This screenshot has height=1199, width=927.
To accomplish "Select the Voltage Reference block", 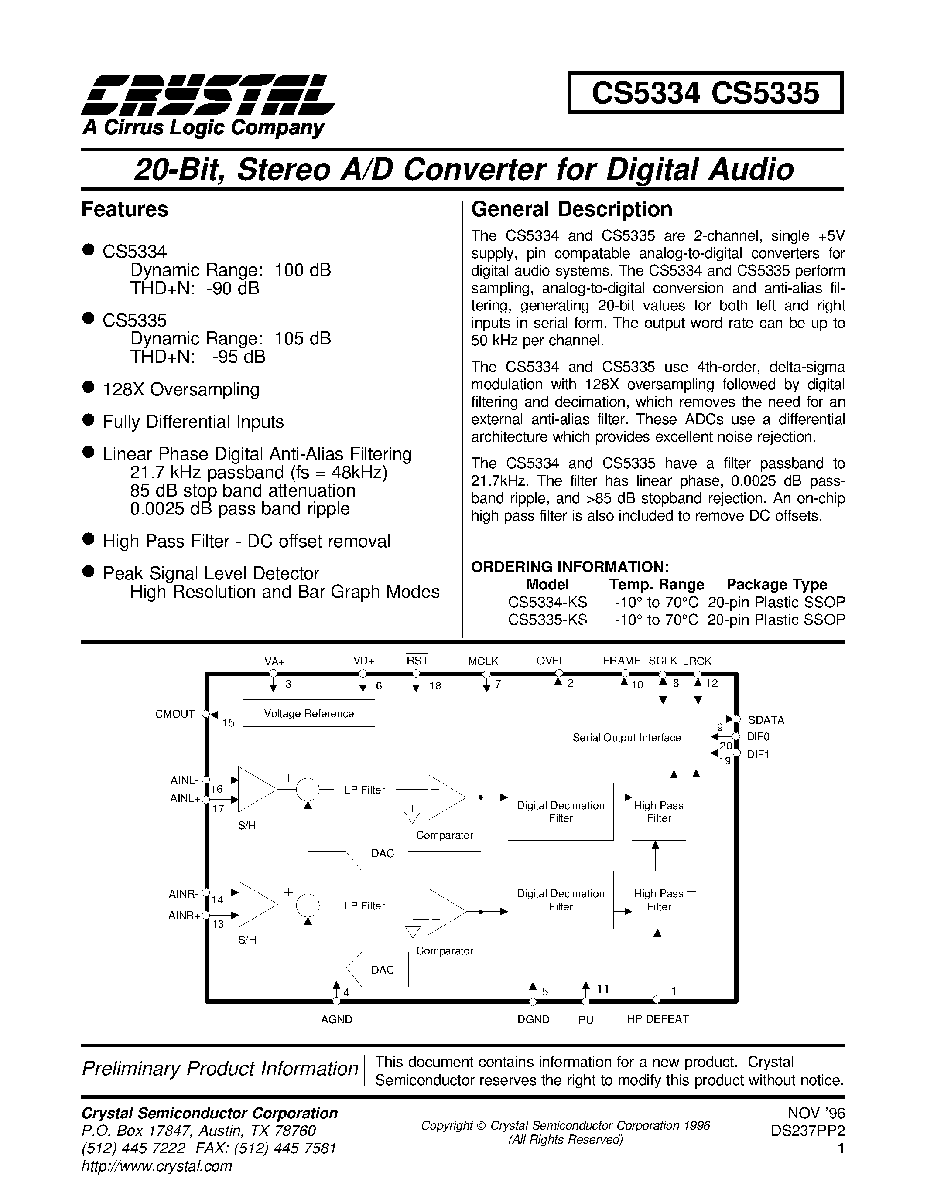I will pyautogui.click(x=308, y=713).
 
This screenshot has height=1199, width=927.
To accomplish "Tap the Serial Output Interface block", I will pyautogui.click(x=626, y=737).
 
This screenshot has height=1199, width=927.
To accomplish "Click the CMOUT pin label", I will pyautogui.click(x=174, y=714).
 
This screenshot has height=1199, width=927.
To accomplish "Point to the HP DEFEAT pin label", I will pyautogui.click(x=657, y=1019).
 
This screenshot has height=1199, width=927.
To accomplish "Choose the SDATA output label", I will pyautogui.click(x=766, y=720).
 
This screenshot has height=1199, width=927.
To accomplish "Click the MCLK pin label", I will pyautogui.click(x=483, y=661).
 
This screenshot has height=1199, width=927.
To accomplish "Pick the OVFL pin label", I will pyautogui.click(x=550, y=661).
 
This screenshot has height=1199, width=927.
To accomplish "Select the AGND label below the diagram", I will pyautogui.click(x=336, y=1019).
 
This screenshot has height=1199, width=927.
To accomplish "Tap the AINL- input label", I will pyautogui.click(x=185, y=780).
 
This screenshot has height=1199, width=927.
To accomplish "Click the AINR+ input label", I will pyautogui.click(x=184, y=915).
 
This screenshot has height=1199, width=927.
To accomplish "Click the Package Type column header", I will pyautogui.click(x=776, y=584).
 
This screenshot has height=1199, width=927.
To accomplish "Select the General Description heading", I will pyautogui.click(x=572, y=209).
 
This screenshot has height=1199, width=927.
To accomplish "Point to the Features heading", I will pyautogui.click(x=125, y=209).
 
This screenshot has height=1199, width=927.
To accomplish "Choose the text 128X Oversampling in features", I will pyautogui.click(x=181, y=389).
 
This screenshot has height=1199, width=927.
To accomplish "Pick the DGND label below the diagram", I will pyautogui.click(x=533, y=1019).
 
